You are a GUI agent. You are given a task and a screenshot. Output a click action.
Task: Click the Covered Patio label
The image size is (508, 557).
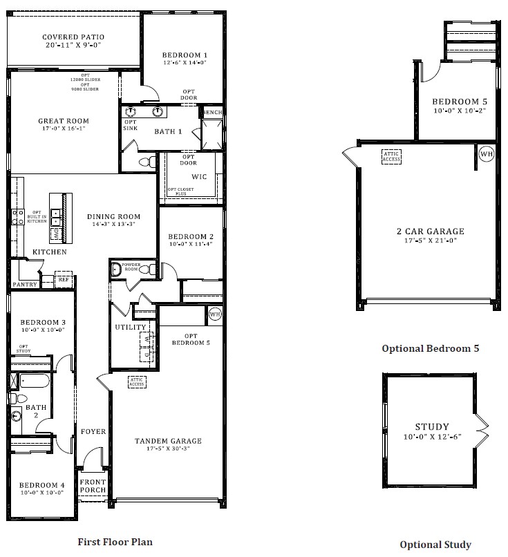click(x=73, y=37)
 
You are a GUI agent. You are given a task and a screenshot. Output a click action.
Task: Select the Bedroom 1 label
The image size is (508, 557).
click(x=185, y=55)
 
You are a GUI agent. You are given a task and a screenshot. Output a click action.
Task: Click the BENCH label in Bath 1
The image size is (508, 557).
click(x=212, y=112)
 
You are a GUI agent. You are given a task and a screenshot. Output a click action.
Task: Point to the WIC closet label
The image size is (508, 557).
click(x=199, y=177)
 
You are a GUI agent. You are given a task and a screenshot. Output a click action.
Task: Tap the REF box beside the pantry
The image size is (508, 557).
click(x=64, y=279)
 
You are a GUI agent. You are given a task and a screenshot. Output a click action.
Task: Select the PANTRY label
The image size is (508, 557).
click(x=24, y=284)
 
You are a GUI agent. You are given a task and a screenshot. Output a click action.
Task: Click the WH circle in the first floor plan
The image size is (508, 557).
click(x=214, y=314)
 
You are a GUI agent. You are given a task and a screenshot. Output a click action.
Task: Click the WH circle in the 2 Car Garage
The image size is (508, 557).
click(x=487, y=153)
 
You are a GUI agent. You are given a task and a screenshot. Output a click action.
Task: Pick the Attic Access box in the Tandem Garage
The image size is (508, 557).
click(x=136, y=381)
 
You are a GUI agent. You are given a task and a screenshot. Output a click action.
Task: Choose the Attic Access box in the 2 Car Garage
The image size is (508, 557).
click(x=391, y=156)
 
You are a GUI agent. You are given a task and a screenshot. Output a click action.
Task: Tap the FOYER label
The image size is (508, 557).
click(x=93, y=432)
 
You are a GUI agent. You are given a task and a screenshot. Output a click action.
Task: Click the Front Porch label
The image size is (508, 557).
click(x=93, y=486)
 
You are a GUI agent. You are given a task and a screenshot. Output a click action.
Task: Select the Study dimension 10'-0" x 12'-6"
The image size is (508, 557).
click(x=432, y=437)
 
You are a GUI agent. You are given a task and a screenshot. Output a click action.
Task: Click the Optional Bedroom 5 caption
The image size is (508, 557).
click(x=430, y=349)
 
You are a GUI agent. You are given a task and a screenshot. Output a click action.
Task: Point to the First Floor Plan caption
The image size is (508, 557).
click(x=115, y=542)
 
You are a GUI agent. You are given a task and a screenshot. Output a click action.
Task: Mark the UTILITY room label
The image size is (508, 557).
click(x=131, y=327)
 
